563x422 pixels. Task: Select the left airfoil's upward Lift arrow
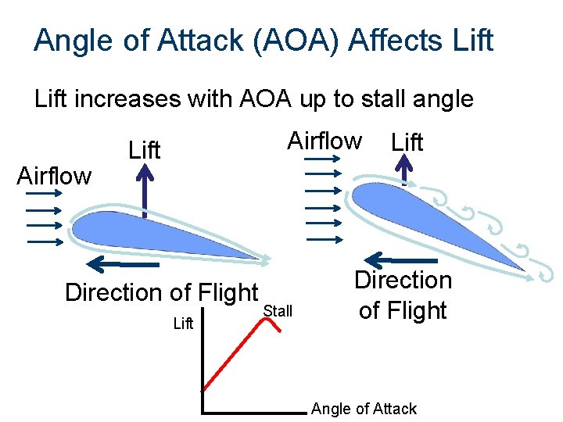145,191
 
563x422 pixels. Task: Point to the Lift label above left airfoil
144,149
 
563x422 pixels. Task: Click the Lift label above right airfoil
407,142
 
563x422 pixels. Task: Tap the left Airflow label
54,176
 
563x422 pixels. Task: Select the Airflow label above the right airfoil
325,141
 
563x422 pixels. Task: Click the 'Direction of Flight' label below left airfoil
161,292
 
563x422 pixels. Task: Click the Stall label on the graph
278,311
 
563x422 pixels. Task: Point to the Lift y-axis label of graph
183,324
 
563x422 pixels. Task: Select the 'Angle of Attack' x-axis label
364,408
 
